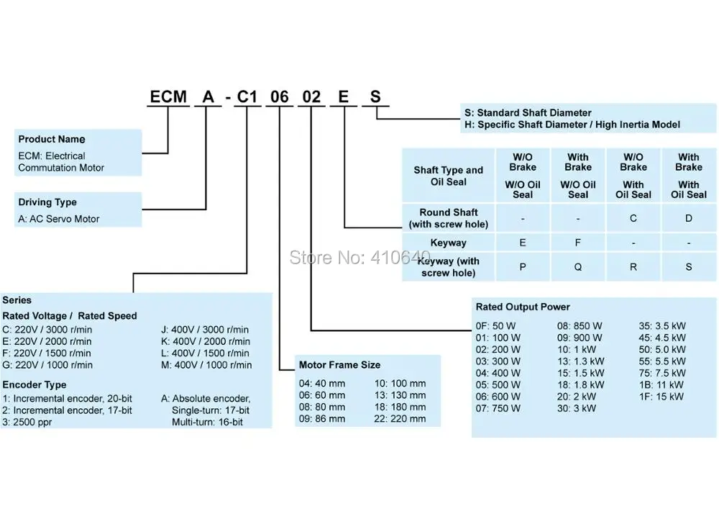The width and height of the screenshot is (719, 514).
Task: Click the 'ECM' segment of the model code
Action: tap(168, 97)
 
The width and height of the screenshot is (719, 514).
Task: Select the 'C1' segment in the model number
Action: tap(247, 97)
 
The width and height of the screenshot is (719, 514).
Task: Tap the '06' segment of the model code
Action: tap(279, 97)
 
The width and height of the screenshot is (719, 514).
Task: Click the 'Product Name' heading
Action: tap(51, 139)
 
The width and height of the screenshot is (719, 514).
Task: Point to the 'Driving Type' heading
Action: tap(47, 202)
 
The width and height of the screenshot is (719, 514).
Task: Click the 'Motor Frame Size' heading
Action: tap(339, 365)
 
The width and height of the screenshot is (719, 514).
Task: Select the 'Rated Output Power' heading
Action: tap(523, 307)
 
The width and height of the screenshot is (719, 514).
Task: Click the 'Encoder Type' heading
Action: tap(35, 384)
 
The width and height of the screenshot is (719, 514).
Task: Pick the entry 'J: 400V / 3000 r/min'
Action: tap(204, 330)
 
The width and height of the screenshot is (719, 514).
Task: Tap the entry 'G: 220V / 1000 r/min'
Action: tap(47, 365)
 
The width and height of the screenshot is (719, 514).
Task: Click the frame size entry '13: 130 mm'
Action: tap(400, 395)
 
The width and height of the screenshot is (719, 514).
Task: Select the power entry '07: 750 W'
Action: tap(498, 408)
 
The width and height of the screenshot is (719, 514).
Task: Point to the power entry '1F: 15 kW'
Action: tap(661, 396)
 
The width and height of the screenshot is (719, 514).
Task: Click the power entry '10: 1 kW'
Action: tap(577, 349)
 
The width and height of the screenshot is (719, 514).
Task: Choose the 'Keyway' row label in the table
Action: tap(448, 243)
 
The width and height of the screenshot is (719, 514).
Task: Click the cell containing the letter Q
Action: tap(578, 266)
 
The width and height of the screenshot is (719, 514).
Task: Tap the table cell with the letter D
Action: tap(689, 218)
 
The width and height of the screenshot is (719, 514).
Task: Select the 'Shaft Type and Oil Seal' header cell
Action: tap(449, 176)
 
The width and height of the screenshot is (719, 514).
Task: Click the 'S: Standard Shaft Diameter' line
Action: tap(528, 112)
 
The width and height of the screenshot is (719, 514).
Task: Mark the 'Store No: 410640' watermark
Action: tap(360, 257)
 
